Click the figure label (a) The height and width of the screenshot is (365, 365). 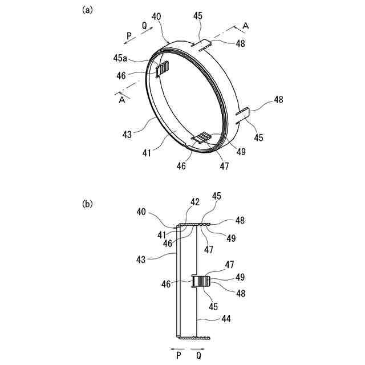click(x=87, y=10)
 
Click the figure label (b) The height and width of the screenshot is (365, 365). click(x=87, y=204)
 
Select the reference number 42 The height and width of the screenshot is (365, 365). click(x=195, y=202)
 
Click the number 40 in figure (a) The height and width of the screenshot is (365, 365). click(x=156, y=17)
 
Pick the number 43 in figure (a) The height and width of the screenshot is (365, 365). click(x=126, y=135)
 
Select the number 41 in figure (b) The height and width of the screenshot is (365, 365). click(x=163, y=234)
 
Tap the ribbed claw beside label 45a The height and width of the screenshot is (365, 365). click(x=163, y=71)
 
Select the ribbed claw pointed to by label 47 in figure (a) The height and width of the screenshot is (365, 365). click(x=202, y=137)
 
